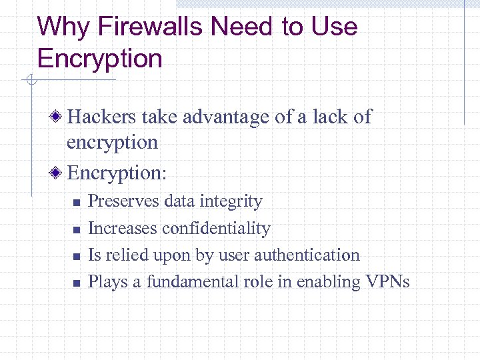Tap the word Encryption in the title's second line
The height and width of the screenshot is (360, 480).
[100, 59]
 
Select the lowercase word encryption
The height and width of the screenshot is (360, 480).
[112, 143]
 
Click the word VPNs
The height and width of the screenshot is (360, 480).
[387, 282]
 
